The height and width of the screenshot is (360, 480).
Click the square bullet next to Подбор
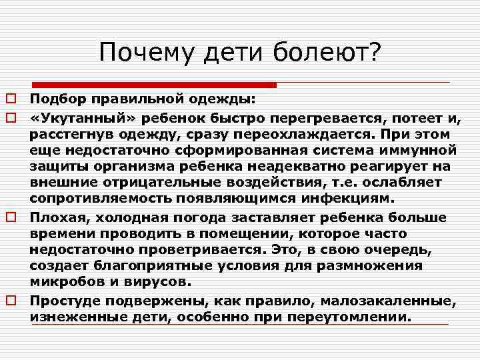coord(11,99)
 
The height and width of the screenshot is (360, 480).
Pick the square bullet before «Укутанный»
coord(11,118)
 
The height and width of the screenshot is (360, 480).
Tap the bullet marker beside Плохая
coord(11,217)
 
